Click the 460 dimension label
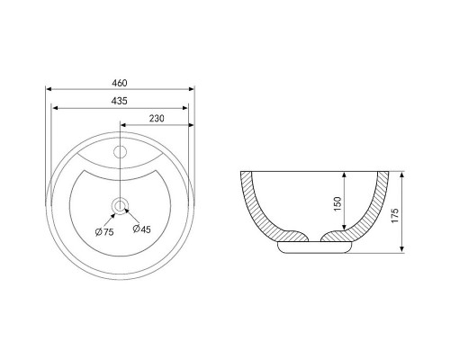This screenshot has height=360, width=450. pos(120,83)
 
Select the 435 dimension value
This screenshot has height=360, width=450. pos(120,101)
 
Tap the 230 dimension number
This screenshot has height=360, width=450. pos(157,119)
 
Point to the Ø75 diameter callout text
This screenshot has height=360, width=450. pos(104,232)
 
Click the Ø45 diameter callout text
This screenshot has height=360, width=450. pos(141,229)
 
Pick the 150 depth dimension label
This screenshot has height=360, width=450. pos(337,203)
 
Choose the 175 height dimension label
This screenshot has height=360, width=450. pos(395,215)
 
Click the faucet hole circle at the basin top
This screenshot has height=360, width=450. pos(120,151)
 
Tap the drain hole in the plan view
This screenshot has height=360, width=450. pos(120,206)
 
